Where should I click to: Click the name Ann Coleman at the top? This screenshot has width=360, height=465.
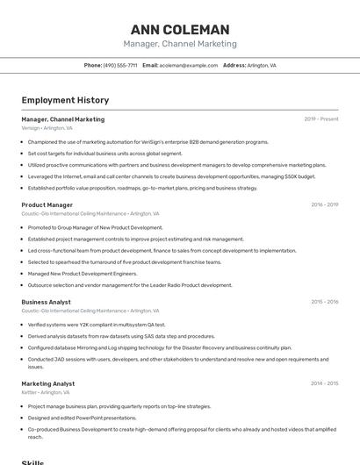coord(180,29)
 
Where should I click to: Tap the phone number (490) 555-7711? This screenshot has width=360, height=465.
coord(120,65)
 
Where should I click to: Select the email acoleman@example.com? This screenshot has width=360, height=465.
coord(189,65)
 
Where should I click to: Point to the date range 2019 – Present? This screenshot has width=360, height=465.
coord(321,119)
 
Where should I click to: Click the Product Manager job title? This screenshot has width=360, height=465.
coord(47,204)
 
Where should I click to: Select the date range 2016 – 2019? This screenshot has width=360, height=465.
coord(324,204)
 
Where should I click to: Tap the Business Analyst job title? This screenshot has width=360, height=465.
coord(46,302)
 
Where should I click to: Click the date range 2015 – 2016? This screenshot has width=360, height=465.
coord(324,302)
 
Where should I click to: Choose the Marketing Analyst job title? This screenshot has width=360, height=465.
coord(48,383)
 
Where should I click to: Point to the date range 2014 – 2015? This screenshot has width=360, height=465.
coord(324,383)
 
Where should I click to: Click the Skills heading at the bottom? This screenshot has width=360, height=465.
coord(32,461)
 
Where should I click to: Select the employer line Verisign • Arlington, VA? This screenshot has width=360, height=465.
coord(47,128)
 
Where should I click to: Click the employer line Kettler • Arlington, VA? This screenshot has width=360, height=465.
coord(46,392)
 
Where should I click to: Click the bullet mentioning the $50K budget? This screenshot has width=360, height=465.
coord(171,175)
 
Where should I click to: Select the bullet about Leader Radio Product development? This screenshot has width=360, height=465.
coord(130,284)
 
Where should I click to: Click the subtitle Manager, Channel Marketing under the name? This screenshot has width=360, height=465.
coord(180,44)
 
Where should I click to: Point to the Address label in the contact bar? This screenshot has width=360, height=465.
coord(234,65)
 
